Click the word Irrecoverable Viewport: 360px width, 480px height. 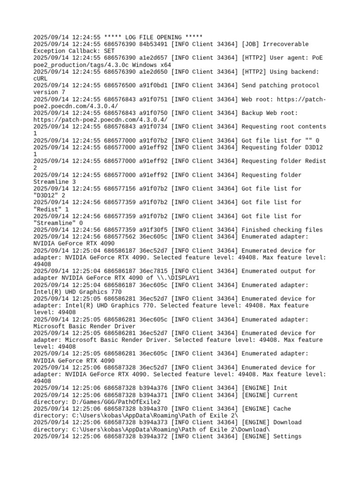[286, 44]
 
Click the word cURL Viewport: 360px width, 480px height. [41, 78]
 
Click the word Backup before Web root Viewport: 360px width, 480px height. [253, 113]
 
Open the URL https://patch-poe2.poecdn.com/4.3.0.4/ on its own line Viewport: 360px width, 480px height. [100, 120]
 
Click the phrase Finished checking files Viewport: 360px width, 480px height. [282, 230]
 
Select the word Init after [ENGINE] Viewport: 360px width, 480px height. [280, 388]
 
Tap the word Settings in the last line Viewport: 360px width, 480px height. [288, 436]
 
